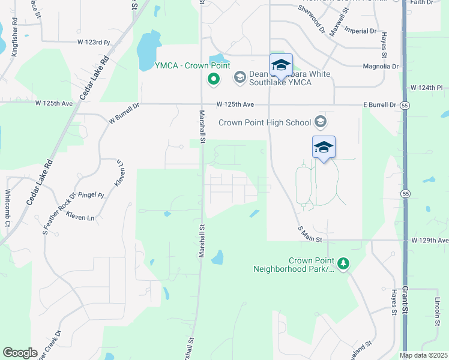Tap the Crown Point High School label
(265, 122)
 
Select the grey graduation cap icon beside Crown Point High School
(320, 122)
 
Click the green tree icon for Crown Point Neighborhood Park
(343, 263)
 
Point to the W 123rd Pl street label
(94, 43)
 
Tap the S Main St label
(310, 234)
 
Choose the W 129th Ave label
(430, 241)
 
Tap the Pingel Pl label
(91, 195)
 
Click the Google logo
(20, 353)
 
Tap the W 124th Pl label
(429, 88)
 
